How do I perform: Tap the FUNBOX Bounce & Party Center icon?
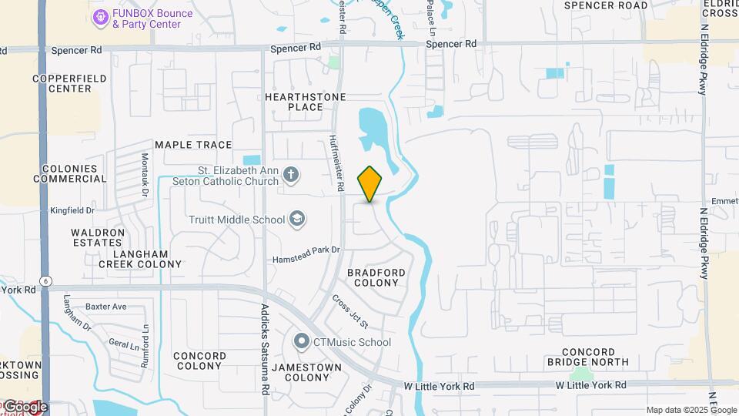(99, 17)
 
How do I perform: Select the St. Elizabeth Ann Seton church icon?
(291, 174)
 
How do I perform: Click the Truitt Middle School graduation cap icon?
(296, 220)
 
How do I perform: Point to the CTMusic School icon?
(302, 341)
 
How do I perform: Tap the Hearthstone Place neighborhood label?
(305, 102)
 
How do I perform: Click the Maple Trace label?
(193, 145)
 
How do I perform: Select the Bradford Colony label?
(376, 277)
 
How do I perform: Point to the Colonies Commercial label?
(70, 173)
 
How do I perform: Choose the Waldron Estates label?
(97, 237)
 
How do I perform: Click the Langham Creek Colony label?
(140, 258)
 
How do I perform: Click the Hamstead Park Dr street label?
(306, 254)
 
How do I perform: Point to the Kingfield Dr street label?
(72, 210)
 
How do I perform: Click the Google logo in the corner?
(25, 406)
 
